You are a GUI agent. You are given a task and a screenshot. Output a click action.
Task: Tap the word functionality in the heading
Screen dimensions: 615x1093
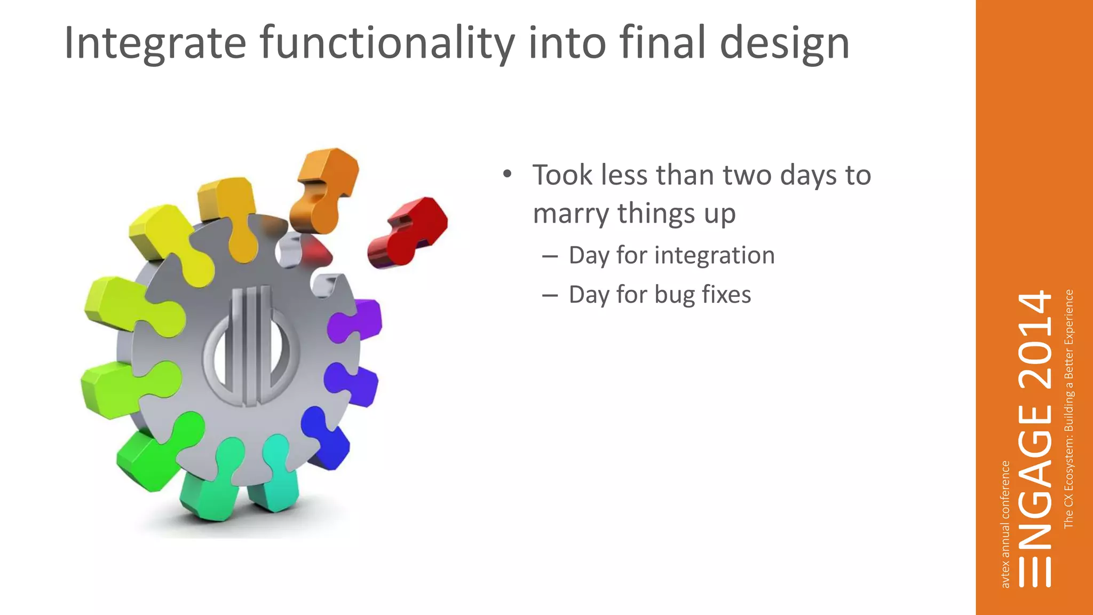pyautogui.click(x=387, y=44)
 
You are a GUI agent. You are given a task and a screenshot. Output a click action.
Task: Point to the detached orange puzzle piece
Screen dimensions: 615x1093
pyautogui.click(x=324, y=190)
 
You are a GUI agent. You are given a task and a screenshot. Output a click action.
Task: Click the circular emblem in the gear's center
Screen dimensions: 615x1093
pyautogui.click(x=251, y=347)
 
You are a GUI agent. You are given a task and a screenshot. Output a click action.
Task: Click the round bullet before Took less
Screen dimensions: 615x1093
pyautogui.click(x=507, y=175)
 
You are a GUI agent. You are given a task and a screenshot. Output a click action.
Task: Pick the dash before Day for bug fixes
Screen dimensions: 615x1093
pyautogui.click(x=550, y=295)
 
